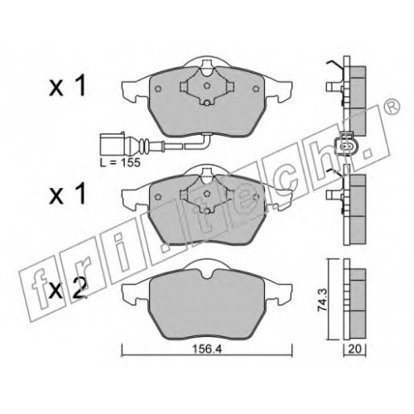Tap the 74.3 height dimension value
pyautogui.click(x=322, y=300)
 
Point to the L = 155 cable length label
pyautogui.click(x=120, y=162)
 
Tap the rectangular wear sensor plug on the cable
pyautogui.click(x=112, y=143)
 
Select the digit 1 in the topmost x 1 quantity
pyautogui.click(x=79, y=86)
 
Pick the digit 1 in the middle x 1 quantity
pyautogui.click(x=79, y=195)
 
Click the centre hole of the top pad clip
pyautogui.click(x=207, y=86)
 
